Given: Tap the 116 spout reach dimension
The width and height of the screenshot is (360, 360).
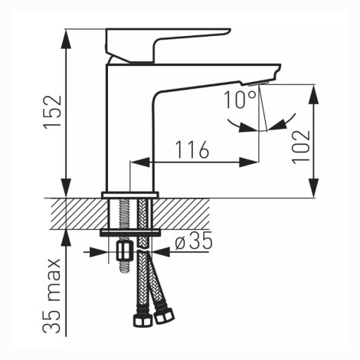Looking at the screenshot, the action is pyautogui.click(x=192, y=149).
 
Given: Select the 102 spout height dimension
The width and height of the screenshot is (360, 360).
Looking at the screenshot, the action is pyautogui.click(x=301, y=147).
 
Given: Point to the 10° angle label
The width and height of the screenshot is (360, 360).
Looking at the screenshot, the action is pyautogui.click(x=240, y=100).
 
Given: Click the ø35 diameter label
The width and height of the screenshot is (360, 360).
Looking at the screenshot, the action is pyautogui.click(x=194, y=241).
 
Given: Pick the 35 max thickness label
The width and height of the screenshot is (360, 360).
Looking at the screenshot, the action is pyautogui.click(x=52, y=296).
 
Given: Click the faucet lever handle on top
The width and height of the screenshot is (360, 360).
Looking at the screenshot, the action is pyautogui.click(x=167, y=45).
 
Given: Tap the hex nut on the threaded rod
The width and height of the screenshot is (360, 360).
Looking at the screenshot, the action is pyautogui.click(x=124, y=251).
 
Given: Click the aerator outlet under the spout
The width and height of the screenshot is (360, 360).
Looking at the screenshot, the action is pyautogui.click(x=259, y=83).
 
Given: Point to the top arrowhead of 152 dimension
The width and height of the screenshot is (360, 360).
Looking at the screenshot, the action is pyautogui.click(x=66, y=38).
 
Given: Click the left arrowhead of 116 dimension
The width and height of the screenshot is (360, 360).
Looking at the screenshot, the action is pyautogui.click(x=139, y=162).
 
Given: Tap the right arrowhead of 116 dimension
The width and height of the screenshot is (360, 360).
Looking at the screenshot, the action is pyautogui.click(x=249, y=162).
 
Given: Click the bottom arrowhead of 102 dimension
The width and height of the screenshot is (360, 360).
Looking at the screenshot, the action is pyautogui.click(x=314, y=188).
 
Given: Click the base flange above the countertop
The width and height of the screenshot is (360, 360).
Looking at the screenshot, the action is pyautogui.click(x=130, y=195).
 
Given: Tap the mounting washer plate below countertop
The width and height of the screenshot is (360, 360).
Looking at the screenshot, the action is pyautogui.click(x=130, y=233).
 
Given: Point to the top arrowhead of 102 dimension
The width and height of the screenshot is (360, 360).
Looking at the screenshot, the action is pyautogui.click(x=314, y=94).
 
